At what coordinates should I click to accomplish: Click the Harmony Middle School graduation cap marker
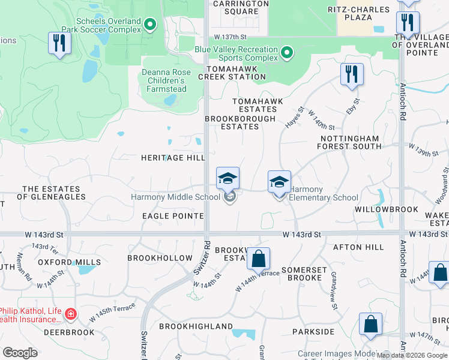(228, 179)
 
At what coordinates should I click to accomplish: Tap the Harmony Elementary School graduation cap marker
(279, 182)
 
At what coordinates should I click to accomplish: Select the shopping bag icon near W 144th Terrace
(258, 259)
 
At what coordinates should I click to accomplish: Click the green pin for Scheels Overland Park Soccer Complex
(151, 25)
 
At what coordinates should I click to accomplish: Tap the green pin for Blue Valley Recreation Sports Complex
(287, 53)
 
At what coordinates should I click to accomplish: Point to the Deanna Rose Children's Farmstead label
(166, 80)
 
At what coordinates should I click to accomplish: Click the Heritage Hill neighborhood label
(173, 157)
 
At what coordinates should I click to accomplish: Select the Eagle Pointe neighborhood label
(173, 215)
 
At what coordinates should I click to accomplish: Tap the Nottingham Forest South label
(349, 142)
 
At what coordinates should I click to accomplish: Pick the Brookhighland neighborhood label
(196, 326)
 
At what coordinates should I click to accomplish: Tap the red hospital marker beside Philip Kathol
(71, 314)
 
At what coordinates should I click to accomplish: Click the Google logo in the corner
(20, 353)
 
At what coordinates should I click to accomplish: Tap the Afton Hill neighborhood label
(363, 247)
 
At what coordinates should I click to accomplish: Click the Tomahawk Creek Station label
(232, 72)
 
